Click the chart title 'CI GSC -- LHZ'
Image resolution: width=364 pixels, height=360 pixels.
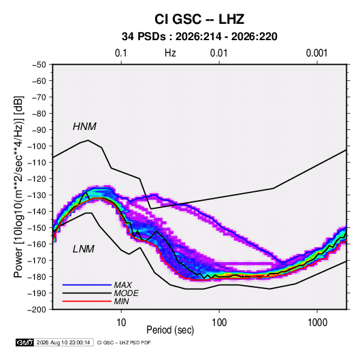coord(199,19)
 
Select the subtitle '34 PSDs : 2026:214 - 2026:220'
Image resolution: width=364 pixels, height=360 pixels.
coord(199,37)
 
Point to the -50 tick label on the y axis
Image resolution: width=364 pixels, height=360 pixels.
coord(39,65)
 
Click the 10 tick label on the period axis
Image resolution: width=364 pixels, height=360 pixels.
coord(121,323)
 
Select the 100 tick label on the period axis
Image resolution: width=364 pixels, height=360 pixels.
coord(219,323)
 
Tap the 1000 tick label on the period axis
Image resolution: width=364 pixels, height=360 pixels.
coord(317,323)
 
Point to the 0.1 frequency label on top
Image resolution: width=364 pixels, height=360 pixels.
coord(121,53)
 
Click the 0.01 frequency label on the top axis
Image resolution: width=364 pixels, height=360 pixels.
coord(218,53)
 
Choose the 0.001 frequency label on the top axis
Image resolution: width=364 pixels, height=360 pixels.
coord(316,53)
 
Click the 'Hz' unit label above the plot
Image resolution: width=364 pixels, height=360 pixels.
coord(170,53)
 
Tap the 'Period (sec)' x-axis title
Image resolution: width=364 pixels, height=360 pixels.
coord(170,330)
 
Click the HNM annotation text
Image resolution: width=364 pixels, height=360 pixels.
coord(84,127)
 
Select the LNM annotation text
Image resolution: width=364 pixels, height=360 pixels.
coord(84,249)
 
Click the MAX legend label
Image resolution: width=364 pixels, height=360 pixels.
coord(123,284)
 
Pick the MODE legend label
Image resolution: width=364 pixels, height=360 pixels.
coord(127,293)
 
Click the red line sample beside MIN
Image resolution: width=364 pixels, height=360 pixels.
coord(87,301)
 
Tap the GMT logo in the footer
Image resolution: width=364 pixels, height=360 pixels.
coord(25,342)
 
